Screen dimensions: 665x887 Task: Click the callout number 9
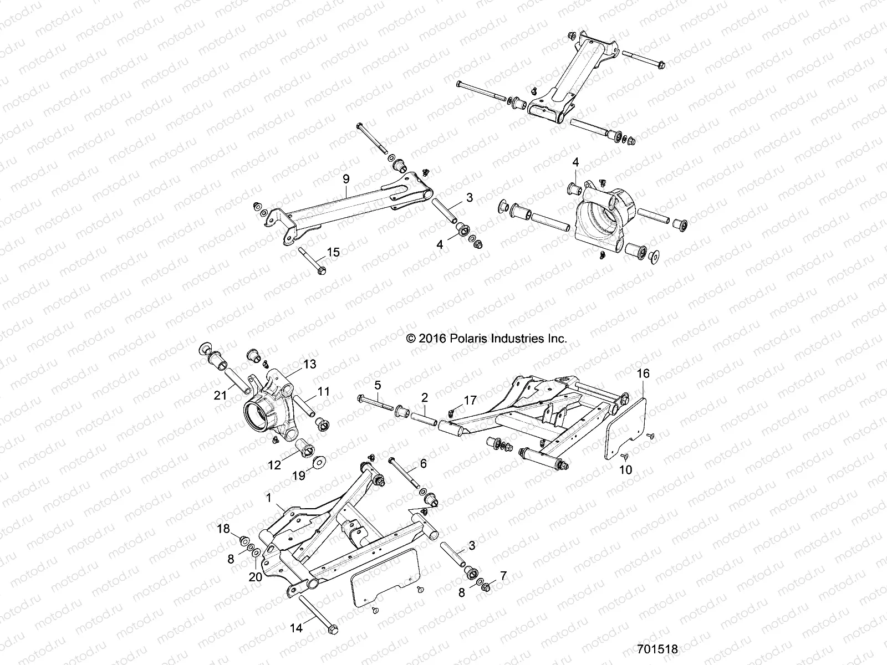click(346, 178)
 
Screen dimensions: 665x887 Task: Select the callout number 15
click(333, 252)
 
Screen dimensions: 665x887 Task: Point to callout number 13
click(309, 364)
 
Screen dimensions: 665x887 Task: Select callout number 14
click(295, 628)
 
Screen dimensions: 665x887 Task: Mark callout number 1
click(269, 498)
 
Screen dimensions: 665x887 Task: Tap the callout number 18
click(223, 529)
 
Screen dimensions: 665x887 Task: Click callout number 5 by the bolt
click(378, 384)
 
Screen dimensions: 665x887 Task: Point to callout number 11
click(323, 392)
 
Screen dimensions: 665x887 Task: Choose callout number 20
click(255, 577)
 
